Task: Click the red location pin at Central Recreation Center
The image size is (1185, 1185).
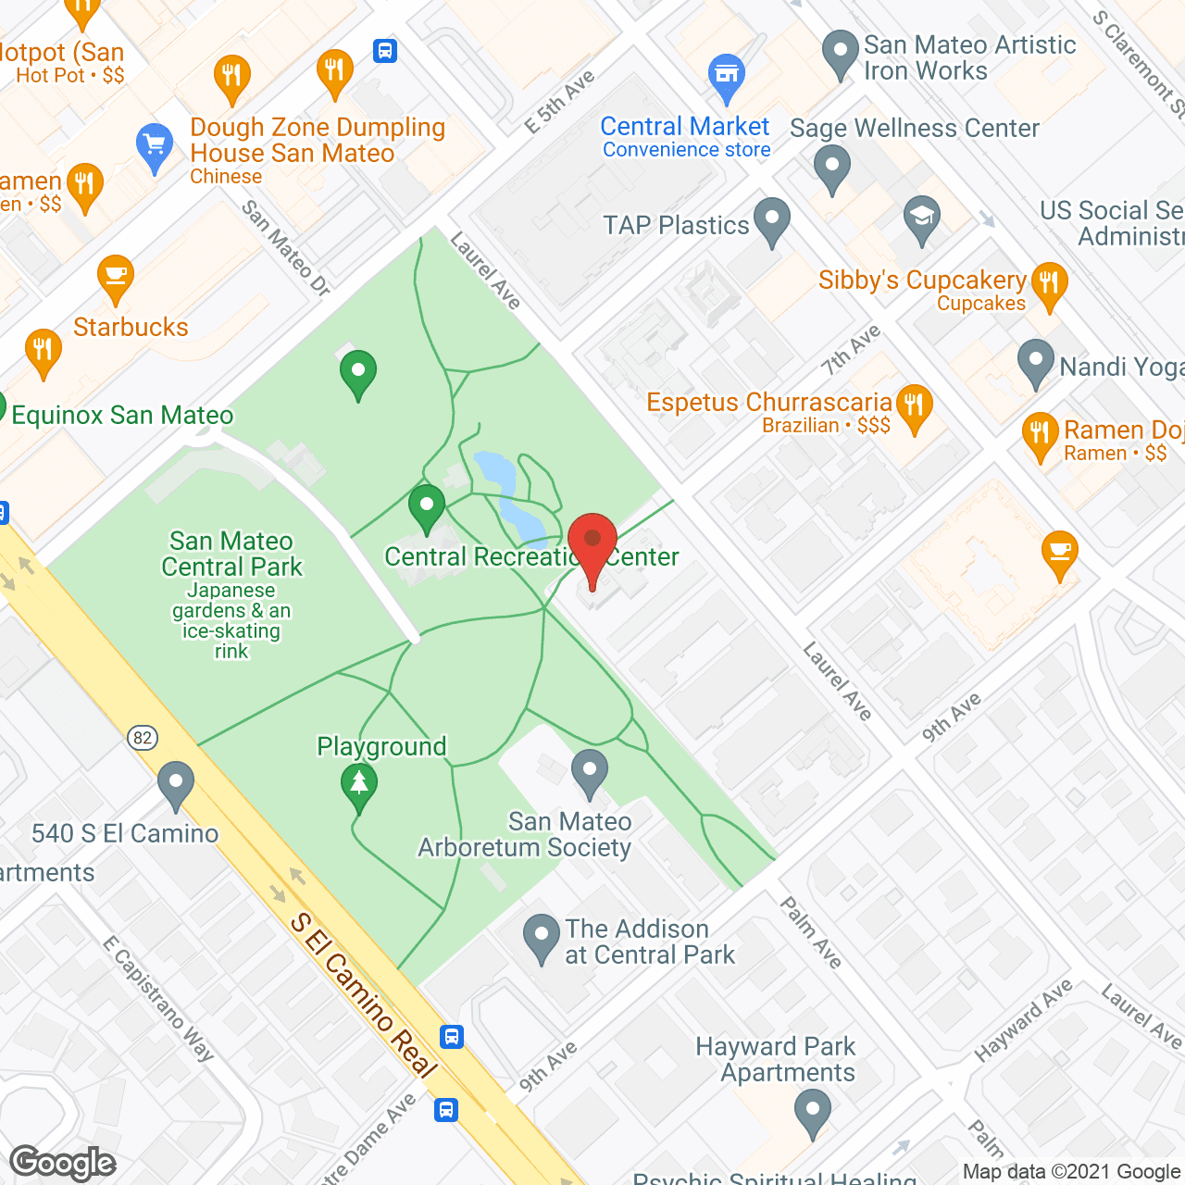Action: [x=592, y=543]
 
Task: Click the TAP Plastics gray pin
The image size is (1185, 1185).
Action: [x=771, y=220]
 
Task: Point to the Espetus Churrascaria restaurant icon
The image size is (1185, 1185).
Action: [x=914, y=406]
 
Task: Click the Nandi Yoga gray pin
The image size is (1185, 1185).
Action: [x=1035, y=362]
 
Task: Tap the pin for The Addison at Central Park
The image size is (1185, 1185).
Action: [x=541, y=937]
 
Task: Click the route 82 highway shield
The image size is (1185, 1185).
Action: [x=143, y=737]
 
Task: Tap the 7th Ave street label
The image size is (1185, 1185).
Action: [x=851, y=350]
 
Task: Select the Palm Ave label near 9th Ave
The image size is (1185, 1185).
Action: [x=811, y=932]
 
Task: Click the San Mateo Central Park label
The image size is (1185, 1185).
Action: [x=231, y=554]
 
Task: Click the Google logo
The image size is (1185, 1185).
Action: [x=63, y=1163]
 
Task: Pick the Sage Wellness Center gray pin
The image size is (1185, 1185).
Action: [x=831, y=169]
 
